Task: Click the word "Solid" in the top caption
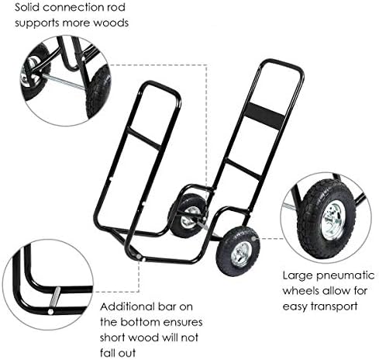[27, 7]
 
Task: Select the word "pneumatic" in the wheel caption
[346, 276]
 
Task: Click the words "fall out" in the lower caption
[118, 353]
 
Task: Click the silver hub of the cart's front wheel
[241, 254]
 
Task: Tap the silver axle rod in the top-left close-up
[64, 82]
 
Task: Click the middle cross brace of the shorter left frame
[143, 138]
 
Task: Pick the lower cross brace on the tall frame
[243, 169]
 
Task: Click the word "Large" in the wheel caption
[298, 276]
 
